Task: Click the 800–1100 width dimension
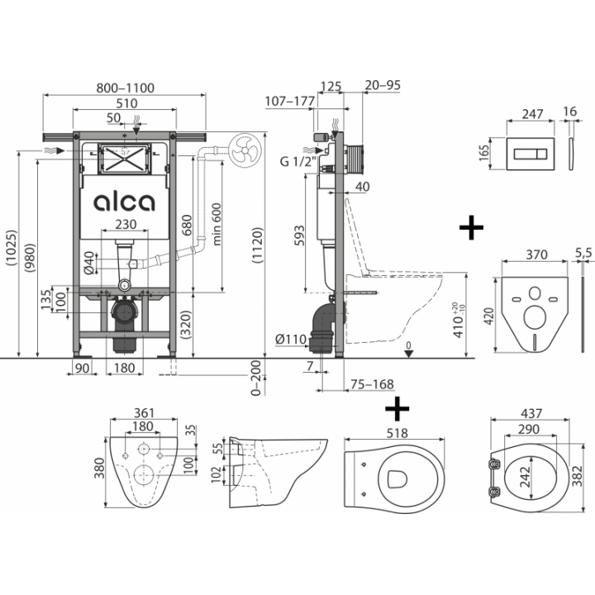coord(126,88)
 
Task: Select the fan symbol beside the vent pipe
coord(245,149)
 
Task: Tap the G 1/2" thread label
coord(297,161)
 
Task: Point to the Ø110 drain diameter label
coord(291,339)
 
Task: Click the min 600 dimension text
coord(217,224)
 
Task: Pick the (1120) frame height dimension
coord(258,245)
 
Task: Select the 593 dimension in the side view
coord(300,236)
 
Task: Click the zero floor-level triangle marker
coord(409,354)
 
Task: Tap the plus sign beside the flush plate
coord(471,228)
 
